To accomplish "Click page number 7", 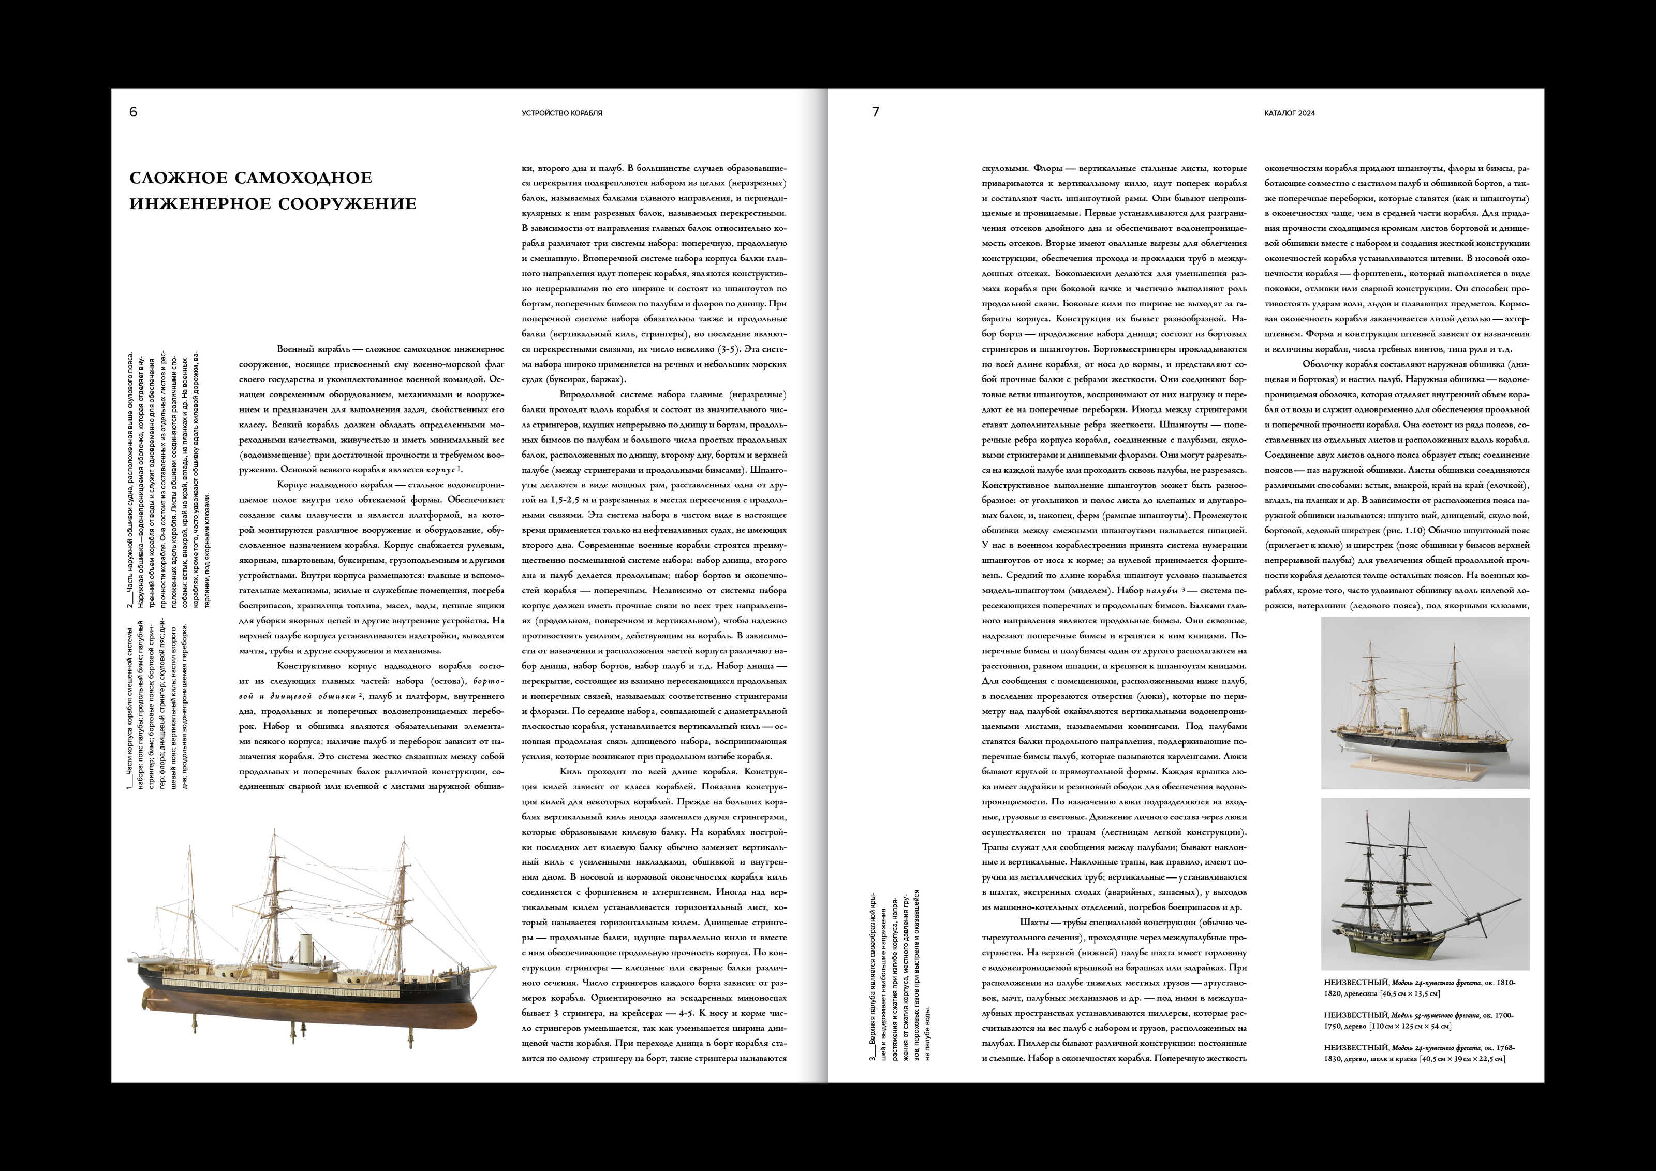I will (x=876, y=112).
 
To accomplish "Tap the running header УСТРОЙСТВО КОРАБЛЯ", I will (x=562, y=113).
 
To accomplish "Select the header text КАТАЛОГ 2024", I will (x=1290, y=113).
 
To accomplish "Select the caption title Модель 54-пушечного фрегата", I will (x=1436, y=1015).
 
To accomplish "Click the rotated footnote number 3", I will (x=873, y=1057).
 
